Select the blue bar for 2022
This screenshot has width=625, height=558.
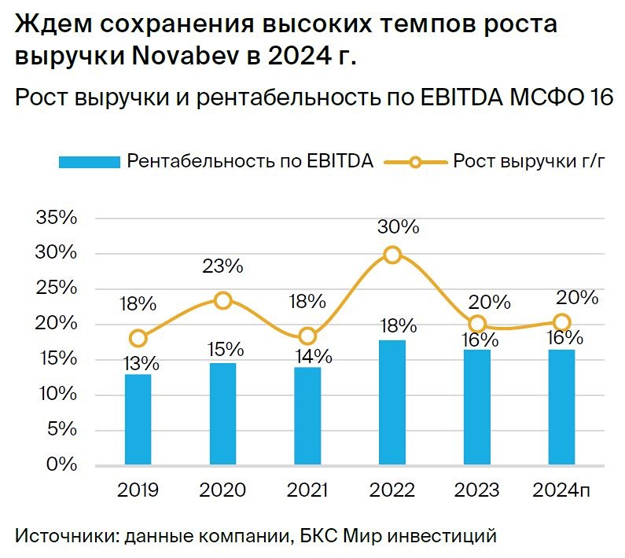coord(392,402)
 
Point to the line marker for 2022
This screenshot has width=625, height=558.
coord(392,254)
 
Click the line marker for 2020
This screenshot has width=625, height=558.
coord(223,300)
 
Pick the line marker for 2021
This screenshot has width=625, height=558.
coord(307,336)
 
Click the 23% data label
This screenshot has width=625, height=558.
coord(223,266)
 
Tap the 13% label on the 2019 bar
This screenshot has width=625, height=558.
coord(140,363)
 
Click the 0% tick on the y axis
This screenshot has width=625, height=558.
coord(63,464)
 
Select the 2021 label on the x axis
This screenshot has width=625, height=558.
coord(307,490)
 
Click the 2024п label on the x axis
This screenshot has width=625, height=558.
coord(560,490)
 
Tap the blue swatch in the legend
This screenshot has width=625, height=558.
coord(88,162)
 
